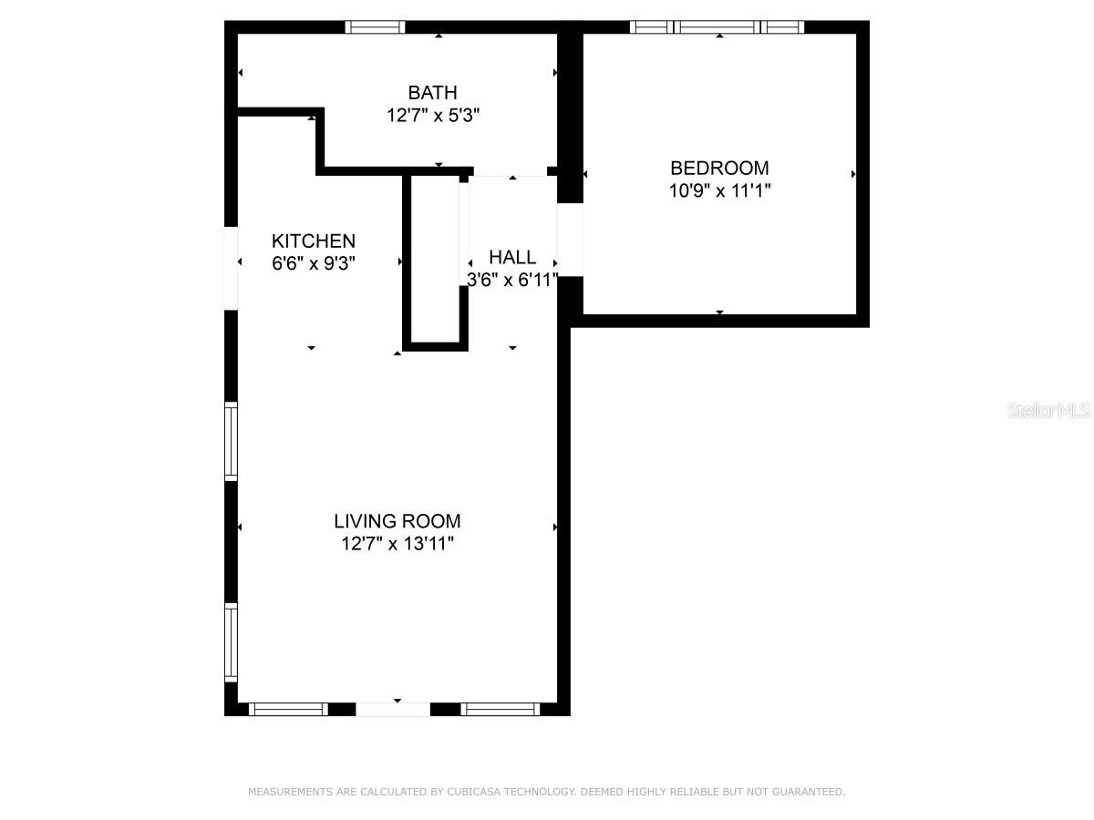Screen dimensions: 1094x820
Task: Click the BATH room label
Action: (x=432, y=93)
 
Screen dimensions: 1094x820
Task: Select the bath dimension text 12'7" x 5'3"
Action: (x=433, y=116)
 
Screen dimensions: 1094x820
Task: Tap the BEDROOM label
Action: (x=719, y=169)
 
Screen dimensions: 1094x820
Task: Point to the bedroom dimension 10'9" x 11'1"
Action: (x=719, y=190)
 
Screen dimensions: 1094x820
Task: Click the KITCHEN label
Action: (x=313, y=241)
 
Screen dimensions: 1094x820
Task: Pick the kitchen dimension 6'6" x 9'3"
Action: (x=313, y=263)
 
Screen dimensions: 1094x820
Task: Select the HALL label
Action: (x=512, y=258)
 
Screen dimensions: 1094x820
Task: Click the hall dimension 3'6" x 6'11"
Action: (x=512, y=280)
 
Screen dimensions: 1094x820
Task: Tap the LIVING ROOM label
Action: (x=397, y=521)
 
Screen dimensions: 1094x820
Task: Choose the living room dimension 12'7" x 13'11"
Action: (x=397, y=544)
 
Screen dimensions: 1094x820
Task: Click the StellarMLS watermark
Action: (x=1048, y=410)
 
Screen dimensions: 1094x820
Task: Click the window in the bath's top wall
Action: (x=375, y=27)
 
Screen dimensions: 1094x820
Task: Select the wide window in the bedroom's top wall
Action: (x=717, y=27)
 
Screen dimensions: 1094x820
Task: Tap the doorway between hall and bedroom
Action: (x=570, y=240)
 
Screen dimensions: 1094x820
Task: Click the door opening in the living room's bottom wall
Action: (x=393, y=709)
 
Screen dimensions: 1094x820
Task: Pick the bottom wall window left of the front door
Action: (x=289, y=709)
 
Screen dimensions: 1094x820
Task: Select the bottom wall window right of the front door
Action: (x=500, y=709)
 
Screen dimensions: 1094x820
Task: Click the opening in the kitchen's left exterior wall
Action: (x=231, y=269)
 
